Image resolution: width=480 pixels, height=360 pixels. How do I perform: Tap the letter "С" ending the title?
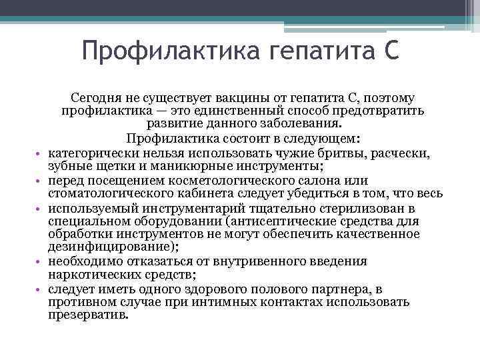(392, 51)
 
